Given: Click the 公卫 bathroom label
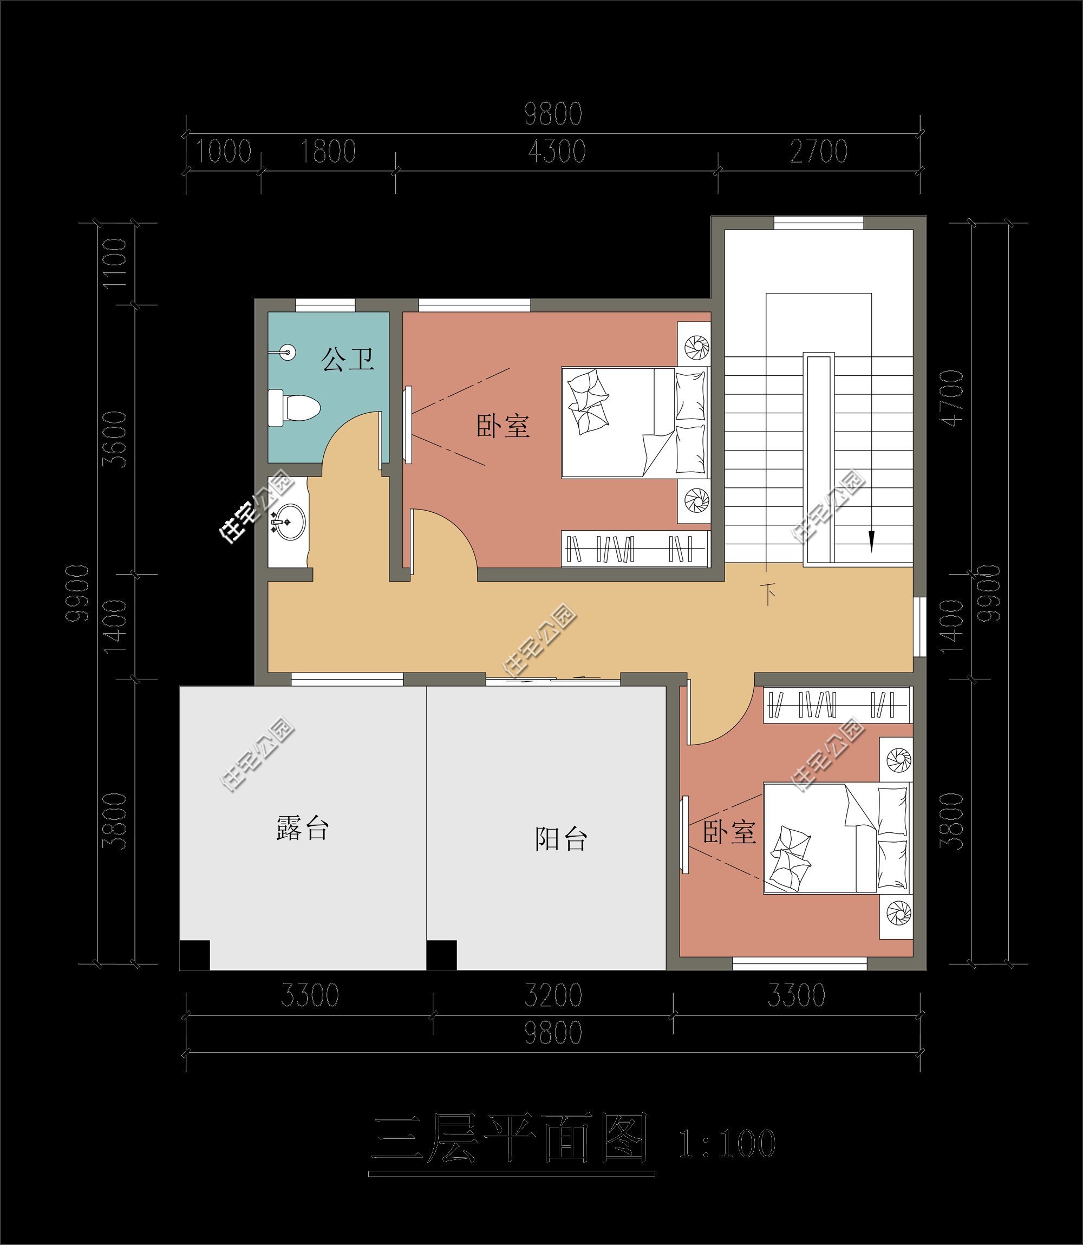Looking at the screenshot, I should [348, 359].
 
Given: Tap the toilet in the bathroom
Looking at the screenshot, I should [293, 407].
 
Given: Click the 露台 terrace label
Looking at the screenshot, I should [302, 827].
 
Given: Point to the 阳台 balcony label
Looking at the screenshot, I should [561, 839].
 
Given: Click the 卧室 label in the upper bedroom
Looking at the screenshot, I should [503, 426].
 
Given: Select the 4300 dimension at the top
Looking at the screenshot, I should [557, 152].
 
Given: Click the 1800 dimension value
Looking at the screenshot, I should [328, 152].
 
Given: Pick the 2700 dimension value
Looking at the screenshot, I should [819, 152].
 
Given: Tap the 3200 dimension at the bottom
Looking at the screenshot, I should [553, 995].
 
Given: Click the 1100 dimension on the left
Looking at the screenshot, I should [115, 264].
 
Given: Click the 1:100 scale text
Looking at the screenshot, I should [727, 1144].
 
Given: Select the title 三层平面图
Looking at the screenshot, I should [511, 1139].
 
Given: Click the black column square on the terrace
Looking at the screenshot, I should [194, 955].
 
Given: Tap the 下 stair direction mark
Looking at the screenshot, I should [769, 594].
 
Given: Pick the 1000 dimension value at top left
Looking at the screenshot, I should [223, 152].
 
